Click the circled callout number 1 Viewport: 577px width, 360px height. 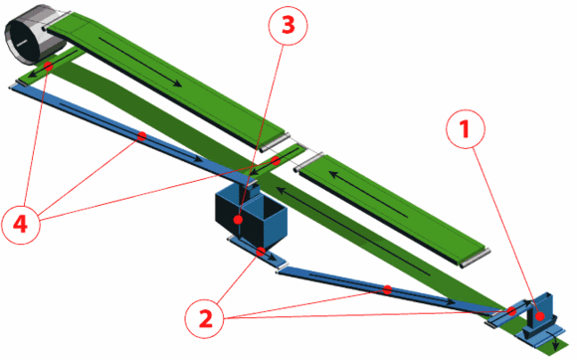[x=466, y=129]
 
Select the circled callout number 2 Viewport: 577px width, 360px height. [x=205, y=318]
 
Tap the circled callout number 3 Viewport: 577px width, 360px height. [x=288, y=26]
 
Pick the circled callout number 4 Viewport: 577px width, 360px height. [x=20, y=224]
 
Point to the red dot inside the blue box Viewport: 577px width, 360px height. [x=238, y=220]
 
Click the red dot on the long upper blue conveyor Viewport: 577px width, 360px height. [x=141, y=136]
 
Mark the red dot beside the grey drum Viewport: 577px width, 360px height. [x=48, y=67]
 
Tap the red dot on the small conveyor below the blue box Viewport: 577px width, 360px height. [x=261, y=252]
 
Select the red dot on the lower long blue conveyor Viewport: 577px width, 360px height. [x=387, y=289]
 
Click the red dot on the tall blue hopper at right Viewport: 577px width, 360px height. [x=540, y=316]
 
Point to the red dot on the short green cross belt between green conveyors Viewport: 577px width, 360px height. [x=276, y=160]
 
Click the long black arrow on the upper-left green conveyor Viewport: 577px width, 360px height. [x=140, y=62]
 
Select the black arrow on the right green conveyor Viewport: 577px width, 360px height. [x=368, y=194]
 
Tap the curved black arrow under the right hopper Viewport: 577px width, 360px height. [x=553, y=339]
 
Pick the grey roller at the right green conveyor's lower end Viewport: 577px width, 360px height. [x=476, y=258]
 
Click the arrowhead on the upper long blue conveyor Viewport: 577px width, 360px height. [x=198, y=159]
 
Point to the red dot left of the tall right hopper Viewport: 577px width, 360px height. [x=511, y=311]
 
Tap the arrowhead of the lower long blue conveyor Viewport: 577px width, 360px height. [x=452, y=301]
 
